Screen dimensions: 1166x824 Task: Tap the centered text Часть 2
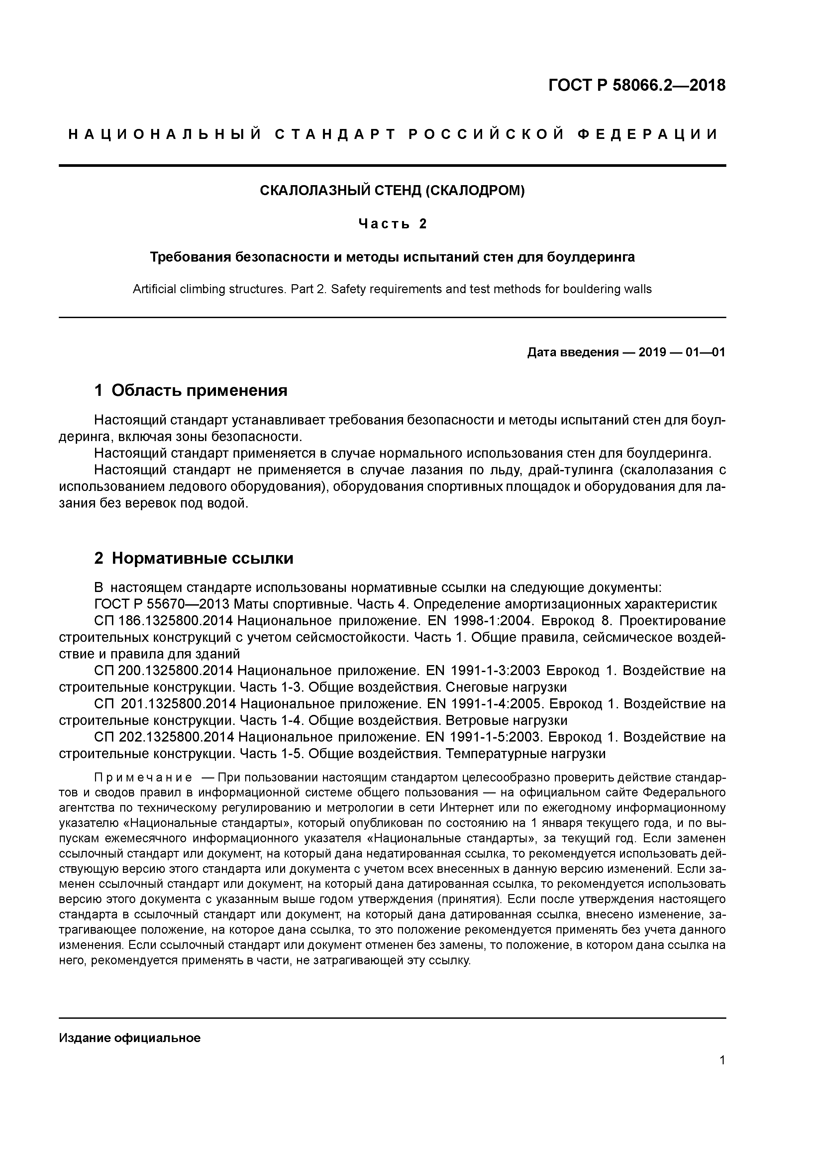[392, 224]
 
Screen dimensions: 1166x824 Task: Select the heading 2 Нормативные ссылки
[194, 558]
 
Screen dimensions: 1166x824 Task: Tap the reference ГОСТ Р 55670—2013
[164, 604]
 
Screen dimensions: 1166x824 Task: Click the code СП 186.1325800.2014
[163, 621]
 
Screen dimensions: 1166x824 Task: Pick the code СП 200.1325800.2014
[163, 670]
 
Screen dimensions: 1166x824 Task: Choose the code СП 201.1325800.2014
[164, 704]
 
